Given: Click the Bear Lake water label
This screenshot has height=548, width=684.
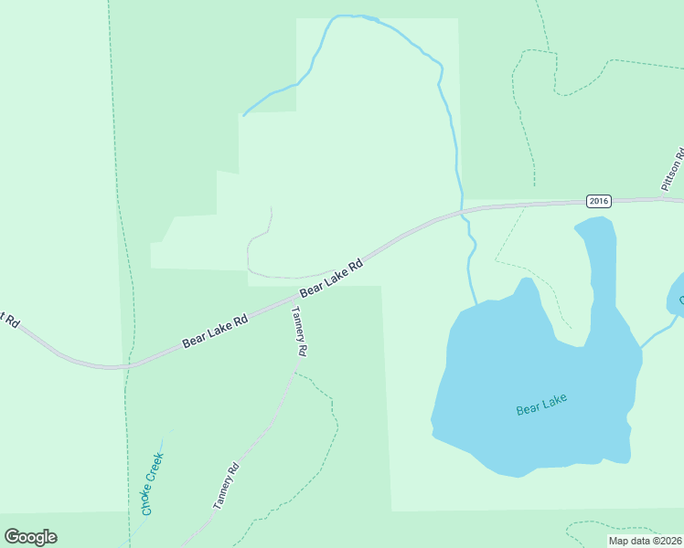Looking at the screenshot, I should [541, 405].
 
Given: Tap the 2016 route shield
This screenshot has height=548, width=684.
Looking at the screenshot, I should [599, 201].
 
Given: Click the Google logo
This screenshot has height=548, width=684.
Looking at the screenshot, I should [30, 537].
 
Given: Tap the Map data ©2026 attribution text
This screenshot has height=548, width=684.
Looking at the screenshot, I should [644, 541].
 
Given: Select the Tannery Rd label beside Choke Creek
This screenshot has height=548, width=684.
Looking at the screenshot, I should [226, 487].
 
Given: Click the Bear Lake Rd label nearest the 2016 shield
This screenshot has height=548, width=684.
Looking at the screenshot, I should [332, 277].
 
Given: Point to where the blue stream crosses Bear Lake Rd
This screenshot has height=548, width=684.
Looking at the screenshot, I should [462, 211].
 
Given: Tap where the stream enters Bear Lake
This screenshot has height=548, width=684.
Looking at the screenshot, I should [476, 304].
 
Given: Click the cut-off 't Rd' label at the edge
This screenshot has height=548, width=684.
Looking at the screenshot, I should [9, 321].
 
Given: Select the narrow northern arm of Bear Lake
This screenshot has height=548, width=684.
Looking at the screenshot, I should [598, 265].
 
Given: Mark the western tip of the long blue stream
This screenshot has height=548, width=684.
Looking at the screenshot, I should [243, 116].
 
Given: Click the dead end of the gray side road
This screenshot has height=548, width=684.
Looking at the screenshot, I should [271, 208].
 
